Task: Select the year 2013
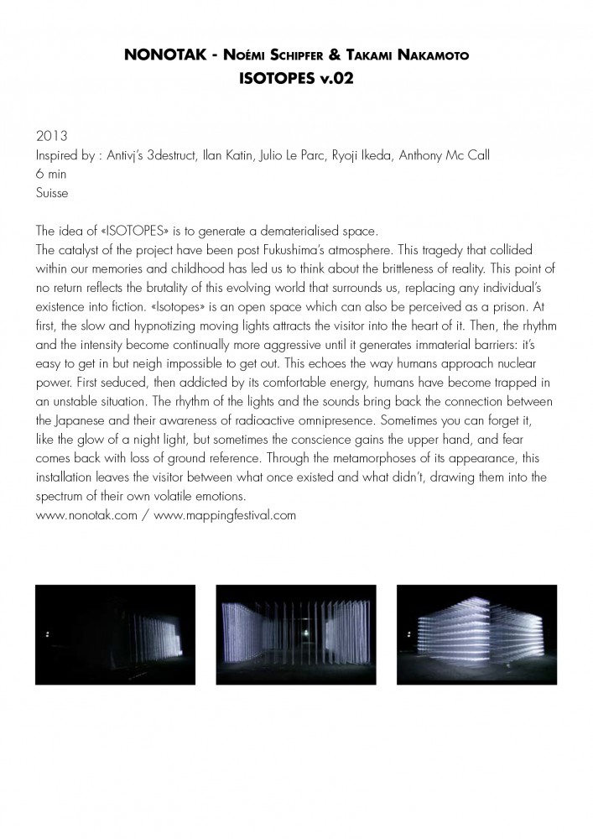tap(49, 135)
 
